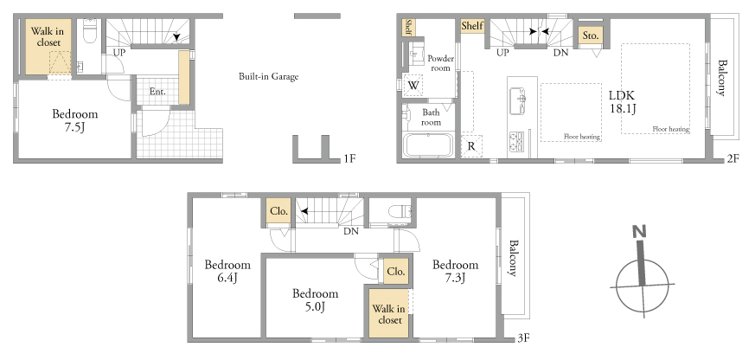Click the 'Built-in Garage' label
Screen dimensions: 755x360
click(x=268, y=76)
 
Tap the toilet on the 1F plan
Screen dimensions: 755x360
click(x=90, y=30)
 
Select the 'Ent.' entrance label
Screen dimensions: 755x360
click(x=157, y=91)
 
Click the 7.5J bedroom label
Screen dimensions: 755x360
click(x=75, y=120)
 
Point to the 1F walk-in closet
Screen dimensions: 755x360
click(x=48, y=47)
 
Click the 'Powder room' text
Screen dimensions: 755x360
click(x=440, y=63)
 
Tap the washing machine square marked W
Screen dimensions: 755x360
click(x=413, y=86)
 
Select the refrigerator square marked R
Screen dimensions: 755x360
click(x=471, y=146)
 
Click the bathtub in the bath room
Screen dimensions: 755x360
click(x=428, y=145)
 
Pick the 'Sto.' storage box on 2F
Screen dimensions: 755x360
click(x=591, y=35)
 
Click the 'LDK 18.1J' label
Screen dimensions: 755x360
click(x=624, y=102)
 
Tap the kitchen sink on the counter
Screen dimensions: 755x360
click(x=520, y=100)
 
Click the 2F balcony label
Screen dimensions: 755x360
click(x=722, y=78)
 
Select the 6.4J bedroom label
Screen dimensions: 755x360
click(x=227, y=271)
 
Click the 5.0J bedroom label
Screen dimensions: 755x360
click(x=316, y=299)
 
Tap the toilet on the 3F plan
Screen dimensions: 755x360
click(x=400, y=211)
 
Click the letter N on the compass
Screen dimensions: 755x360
click(x=640, y=232)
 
